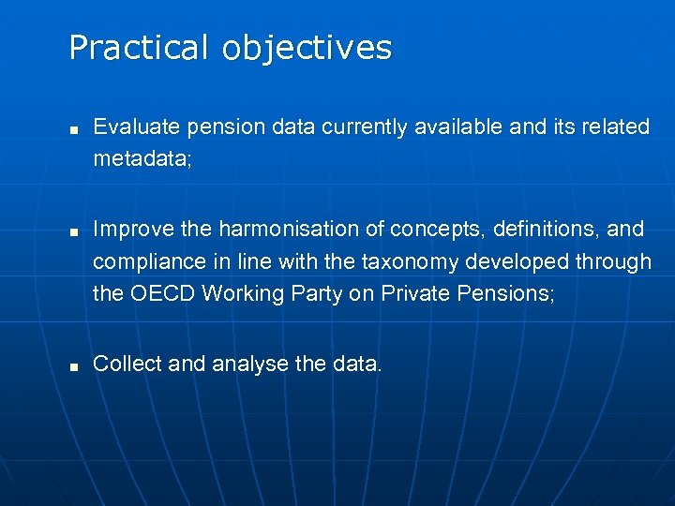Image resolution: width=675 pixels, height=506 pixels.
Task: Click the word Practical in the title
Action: coord(141,47)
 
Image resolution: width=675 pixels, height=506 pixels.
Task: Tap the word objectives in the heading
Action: coord(307,49)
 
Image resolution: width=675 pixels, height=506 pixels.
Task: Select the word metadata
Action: coord(141,159)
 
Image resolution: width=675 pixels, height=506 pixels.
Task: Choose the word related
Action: coord(615,126)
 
